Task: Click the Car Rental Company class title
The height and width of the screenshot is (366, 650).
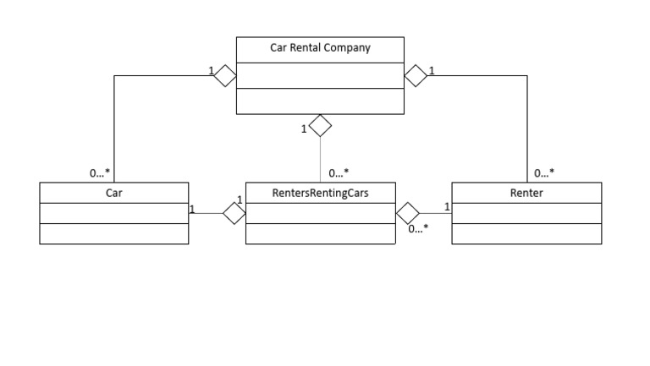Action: [320, 48]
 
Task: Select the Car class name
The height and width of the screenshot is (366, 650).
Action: [113, 193]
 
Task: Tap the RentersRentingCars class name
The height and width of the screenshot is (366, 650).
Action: [320, 193]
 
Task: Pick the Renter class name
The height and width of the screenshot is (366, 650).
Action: [526, 193]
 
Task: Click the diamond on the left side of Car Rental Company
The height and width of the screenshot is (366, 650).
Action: [225, 75]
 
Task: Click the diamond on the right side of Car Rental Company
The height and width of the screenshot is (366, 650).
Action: [416, 75]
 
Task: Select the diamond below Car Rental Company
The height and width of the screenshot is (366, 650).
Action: [320, 127]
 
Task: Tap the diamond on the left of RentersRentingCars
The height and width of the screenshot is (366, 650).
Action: [234, 213]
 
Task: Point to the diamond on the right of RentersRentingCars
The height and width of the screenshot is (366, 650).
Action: [408, 213]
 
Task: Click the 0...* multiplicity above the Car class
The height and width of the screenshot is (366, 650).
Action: [100, 173]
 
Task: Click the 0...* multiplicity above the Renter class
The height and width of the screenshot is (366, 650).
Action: [544, 173]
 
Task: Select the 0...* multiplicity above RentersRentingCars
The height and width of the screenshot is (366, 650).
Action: [339, 173]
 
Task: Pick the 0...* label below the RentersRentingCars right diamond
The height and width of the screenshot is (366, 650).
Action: [418, 228]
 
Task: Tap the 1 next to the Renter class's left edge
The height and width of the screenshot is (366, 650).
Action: [447, 206]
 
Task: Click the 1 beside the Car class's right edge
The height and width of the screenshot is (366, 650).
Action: [193, 208]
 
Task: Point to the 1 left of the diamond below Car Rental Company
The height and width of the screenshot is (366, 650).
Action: [304, 129]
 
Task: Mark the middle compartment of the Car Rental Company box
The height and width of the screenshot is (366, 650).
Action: [320, 74]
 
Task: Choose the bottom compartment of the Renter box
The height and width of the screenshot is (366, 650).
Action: [526, 234]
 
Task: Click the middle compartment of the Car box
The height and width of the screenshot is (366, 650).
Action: [113, 213]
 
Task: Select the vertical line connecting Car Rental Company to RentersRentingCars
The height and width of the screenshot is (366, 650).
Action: [320, 161]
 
